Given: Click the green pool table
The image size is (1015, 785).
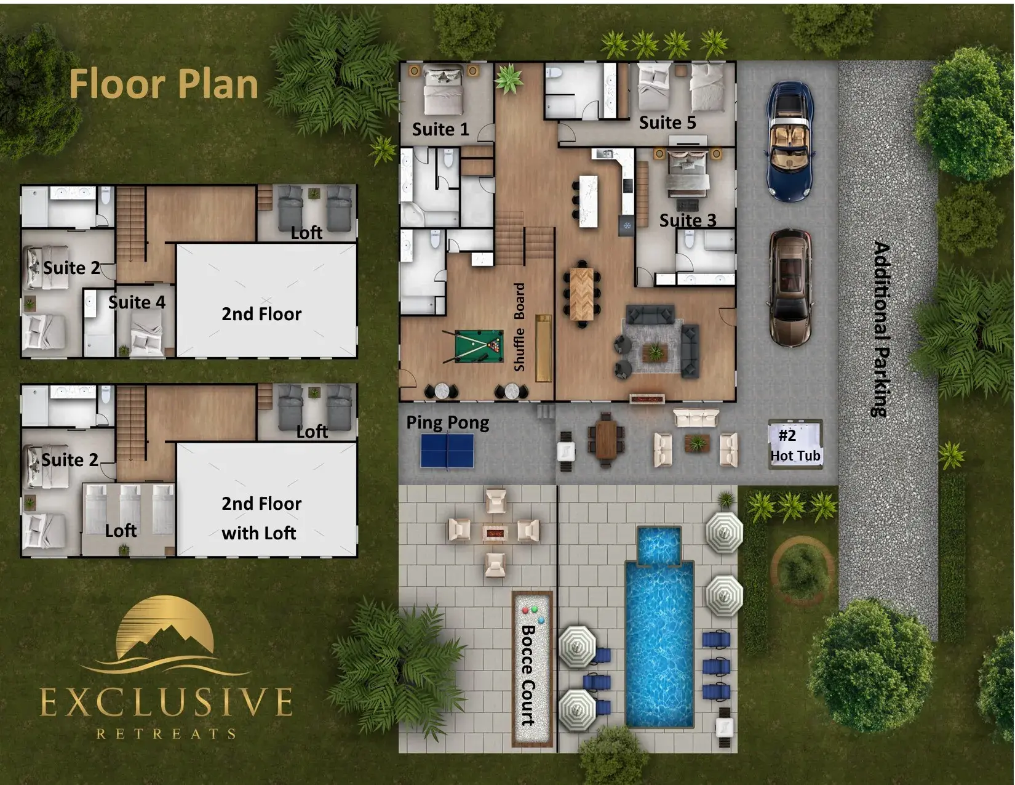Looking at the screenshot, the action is (479, 346).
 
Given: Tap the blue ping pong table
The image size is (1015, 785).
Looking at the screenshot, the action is (447, 451).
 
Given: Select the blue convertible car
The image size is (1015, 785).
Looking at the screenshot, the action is (790, 141).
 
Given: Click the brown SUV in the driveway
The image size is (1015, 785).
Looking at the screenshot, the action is (790, 288).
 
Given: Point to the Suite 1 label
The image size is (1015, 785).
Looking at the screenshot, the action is (440, 129).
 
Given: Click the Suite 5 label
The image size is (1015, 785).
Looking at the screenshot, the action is (667, 123).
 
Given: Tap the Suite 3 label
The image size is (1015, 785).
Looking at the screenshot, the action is (688, 220).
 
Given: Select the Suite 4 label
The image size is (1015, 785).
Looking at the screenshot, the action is (137, 302).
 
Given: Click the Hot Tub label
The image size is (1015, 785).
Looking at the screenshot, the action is (795, 456).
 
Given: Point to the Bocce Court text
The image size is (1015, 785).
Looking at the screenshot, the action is (528, 675).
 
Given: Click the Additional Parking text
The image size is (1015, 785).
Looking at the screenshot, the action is (881, 329).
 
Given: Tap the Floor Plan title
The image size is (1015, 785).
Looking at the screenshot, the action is (164, 84).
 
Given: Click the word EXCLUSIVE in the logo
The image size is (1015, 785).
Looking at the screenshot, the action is (166, 702).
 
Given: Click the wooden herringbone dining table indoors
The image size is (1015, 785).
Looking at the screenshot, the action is (582, 294).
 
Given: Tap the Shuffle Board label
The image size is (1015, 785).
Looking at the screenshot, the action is (519, 328).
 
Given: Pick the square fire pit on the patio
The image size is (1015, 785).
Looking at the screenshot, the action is (495, 533).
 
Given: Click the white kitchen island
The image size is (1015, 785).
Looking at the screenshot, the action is (588, 201).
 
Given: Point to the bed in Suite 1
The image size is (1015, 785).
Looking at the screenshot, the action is (444, 91).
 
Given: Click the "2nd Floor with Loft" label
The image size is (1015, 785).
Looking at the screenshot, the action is (261, 518).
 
